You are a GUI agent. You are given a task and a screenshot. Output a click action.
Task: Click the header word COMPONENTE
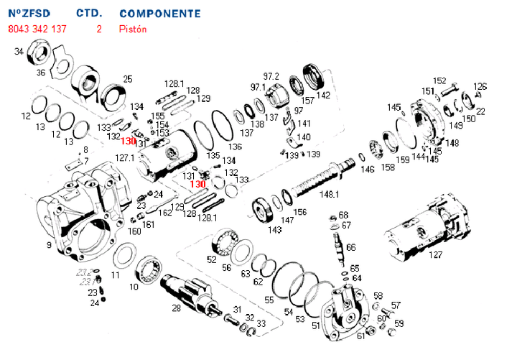(160, 14)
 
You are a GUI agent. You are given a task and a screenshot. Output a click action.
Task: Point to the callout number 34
(19, 51)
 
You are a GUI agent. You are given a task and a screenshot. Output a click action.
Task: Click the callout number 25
(128, 79)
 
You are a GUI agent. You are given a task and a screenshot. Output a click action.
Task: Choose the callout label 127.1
(125, 157)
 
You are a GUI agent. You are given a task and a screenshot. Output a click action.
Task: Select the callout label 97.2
(271, 76)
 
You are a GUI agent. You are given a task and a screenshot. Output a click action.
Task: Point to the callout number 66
(350, 247)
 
